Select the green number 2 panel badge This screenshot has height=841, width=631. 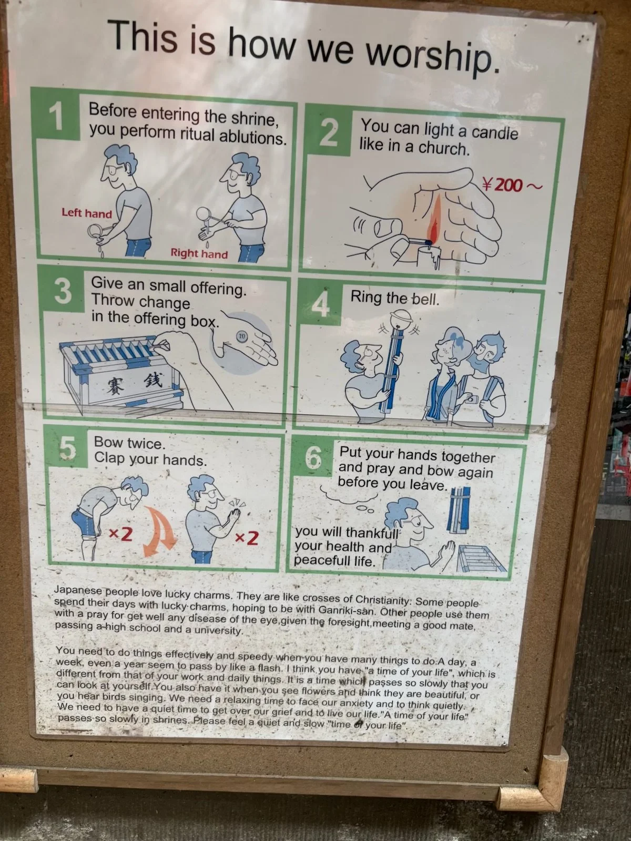tap(329, 132)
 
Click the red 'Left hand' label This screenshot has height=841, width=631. tap(87, 213)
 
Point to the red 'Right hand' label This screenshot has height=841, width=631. tap(199, 253)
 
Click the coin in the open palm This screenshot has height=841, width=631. tap(241, 336)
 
